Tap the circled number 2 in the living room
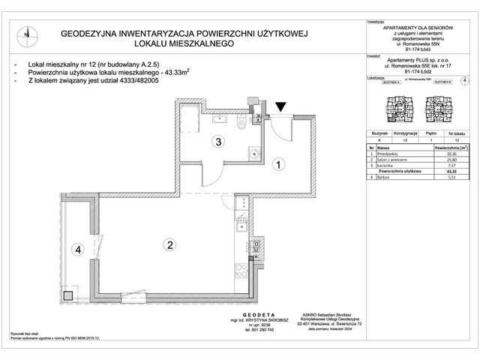pos(170,244)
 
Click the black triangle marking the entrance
pos(280,109)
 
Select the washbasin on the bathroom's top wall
pos(220,118)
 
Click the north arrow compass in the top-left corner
pos(26,32)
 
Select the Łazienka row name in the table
pos(386,166)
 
